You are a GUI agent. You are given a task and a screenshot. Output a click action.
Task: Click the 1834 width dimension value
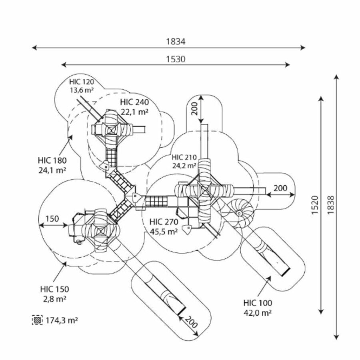[176, 41]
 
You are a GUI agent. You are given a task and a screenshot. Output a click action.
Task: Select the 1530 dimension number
[176, 59]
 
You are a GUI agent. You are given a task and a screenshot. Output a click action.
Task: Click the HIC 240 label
[134, 102]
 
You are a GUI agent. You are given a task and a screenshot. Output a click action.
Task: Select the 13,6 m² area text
[81, 90]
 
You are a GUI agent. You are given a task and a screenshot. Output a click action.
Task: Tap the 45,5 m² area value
[164, 231]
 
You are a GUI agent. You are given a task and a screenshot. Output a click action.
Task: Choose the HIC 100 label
[258, 303]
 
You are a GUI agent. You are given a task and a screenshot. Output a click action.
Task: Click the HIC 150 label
[54, 289]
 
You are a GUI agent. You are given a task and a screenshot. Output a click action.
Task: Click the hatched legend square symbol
[37, 320]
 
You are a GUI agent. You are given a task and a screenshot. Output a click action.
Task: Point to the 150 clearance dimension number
[52, 219]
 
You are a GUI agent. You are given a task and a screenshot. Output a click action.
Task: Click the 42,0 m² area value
[258, 313]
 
